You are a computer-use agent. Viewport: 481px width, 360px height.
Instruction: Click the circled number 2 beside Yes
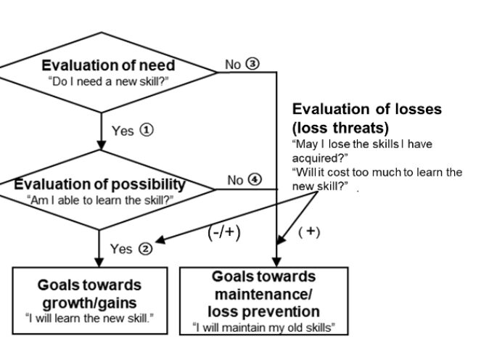(x=145, y=249)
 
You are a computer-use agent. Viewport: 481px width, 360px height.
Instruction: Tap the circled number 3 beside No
(x=252, y=64)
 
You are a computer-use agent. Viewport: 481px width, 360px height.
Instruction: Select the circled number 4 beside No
(x=254, y=180)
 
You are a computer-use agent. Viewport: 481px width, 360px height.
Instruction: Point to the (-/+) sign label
(x=223, y=233)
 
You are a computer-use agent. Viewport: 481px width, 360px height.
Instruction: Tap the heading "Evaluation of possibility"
(x=99, y=184)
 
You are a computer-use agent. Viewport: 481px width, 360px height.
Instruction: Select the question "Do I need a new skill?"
(x=109, y=81)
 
